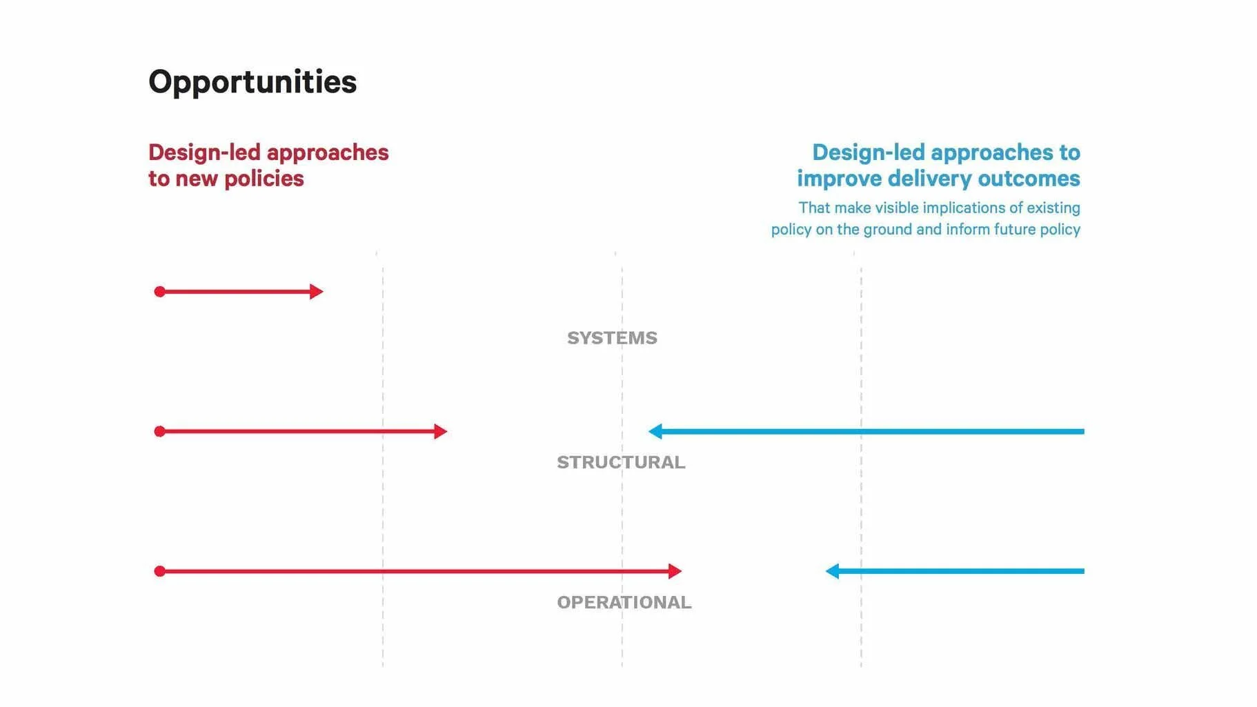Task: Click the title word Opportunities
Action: tap(253, 82)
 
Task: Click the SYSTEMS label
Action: tap(612, 338)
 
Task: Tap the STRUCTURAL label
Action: tap(621, 462)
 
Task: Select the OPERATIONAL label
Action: tap(624, 602)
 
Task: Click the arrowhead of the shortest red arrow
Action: tap(316, 292)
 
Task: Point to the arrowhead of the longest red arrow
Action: tap(675, 571)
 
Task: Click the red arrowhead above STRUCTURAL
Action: tap(440, 432)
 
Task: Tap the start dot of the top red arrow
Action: tap(159, 292)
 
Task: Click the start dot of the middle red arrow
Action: tap(159, 432)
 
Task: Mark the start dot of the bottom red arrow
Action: tap(159, 571)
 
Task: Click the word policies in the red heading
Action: tap(264, 179)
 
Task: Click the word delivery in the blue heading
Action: tap(929, 179)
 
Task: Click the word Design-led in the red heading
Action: tap(204, 152)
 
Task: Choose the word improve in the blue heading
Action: tap(839, 179)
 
